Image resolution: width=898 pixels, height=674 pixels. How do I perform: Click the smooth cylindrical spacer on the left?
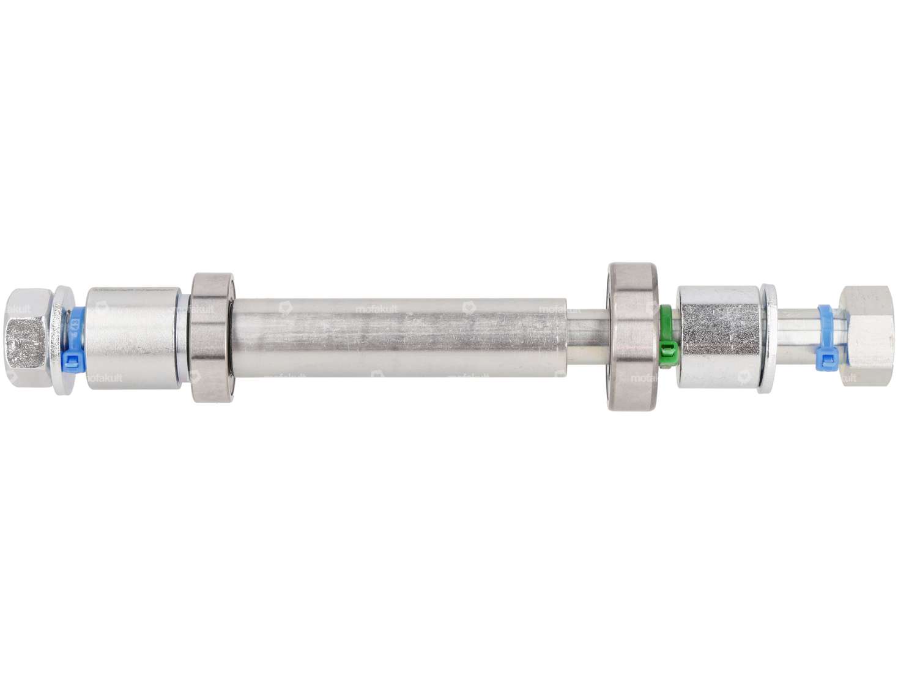132,337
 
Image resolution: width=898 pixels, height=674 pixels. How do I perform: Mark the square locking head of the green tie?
669,351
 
